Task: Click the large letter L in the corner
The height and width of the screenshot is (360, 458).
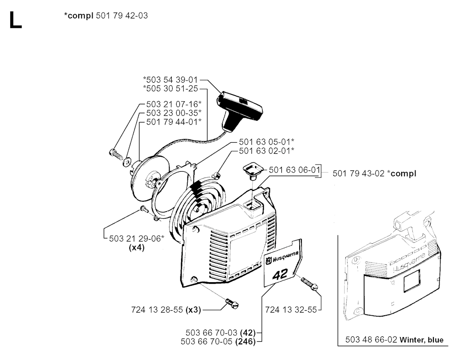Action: (16, 20)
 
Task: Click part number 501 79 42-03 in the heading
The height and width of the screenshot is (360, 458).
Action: (122, 16)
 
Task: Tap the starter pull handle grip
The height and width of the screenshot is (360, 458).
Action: (240, 111)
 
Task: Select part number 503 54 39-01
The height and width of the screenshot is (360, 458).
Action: (171, 80)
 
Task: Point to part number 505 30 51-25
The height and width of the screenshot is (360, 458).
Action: (171, 89)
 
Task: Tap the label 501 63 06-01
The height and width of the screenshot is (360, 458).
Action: (294, 170)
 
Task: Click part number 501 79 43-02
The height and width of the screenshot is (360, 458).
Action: (358, 174)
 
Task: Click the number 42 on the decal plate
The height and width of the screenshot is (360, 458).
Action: (280, 275)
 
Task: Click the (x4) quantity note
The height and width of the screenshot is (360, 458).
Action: (137, 248)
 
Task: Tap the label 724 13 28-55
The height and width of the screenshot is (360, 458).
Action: (157, 310)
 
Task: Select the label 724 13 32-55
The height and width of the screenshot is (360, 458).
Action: (291, 310)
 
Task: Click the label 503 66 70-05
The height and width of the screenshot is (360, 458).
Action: (207, 342)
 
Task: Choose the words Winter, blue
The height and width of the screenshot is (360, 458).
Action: (421, 340)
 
